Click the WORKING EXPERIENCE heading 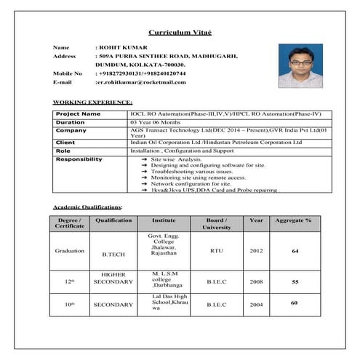click(x=92, y=103)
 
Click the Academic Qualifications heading click(x=93, y=207)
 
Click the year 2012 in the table click(x=256, y=250)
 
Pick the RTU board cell click(x=217, y=250)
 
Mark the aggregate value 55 click(x=295, y=281)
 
